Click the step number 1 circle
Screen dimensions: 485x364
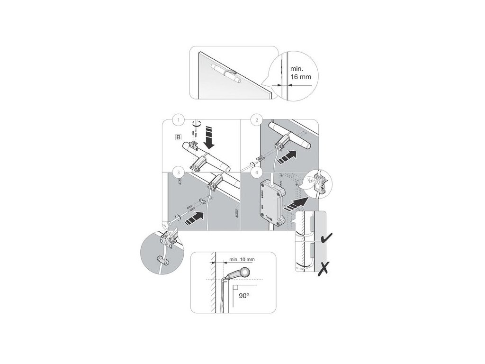(178, 120)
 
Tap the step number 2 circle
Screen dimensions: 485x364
(256, 120)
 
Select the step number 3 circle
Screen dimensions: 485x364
(177, 171)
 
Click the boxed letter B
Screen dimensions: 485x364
(178, 137)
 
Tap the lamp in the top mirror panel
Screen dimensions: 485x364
(226, 74)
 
